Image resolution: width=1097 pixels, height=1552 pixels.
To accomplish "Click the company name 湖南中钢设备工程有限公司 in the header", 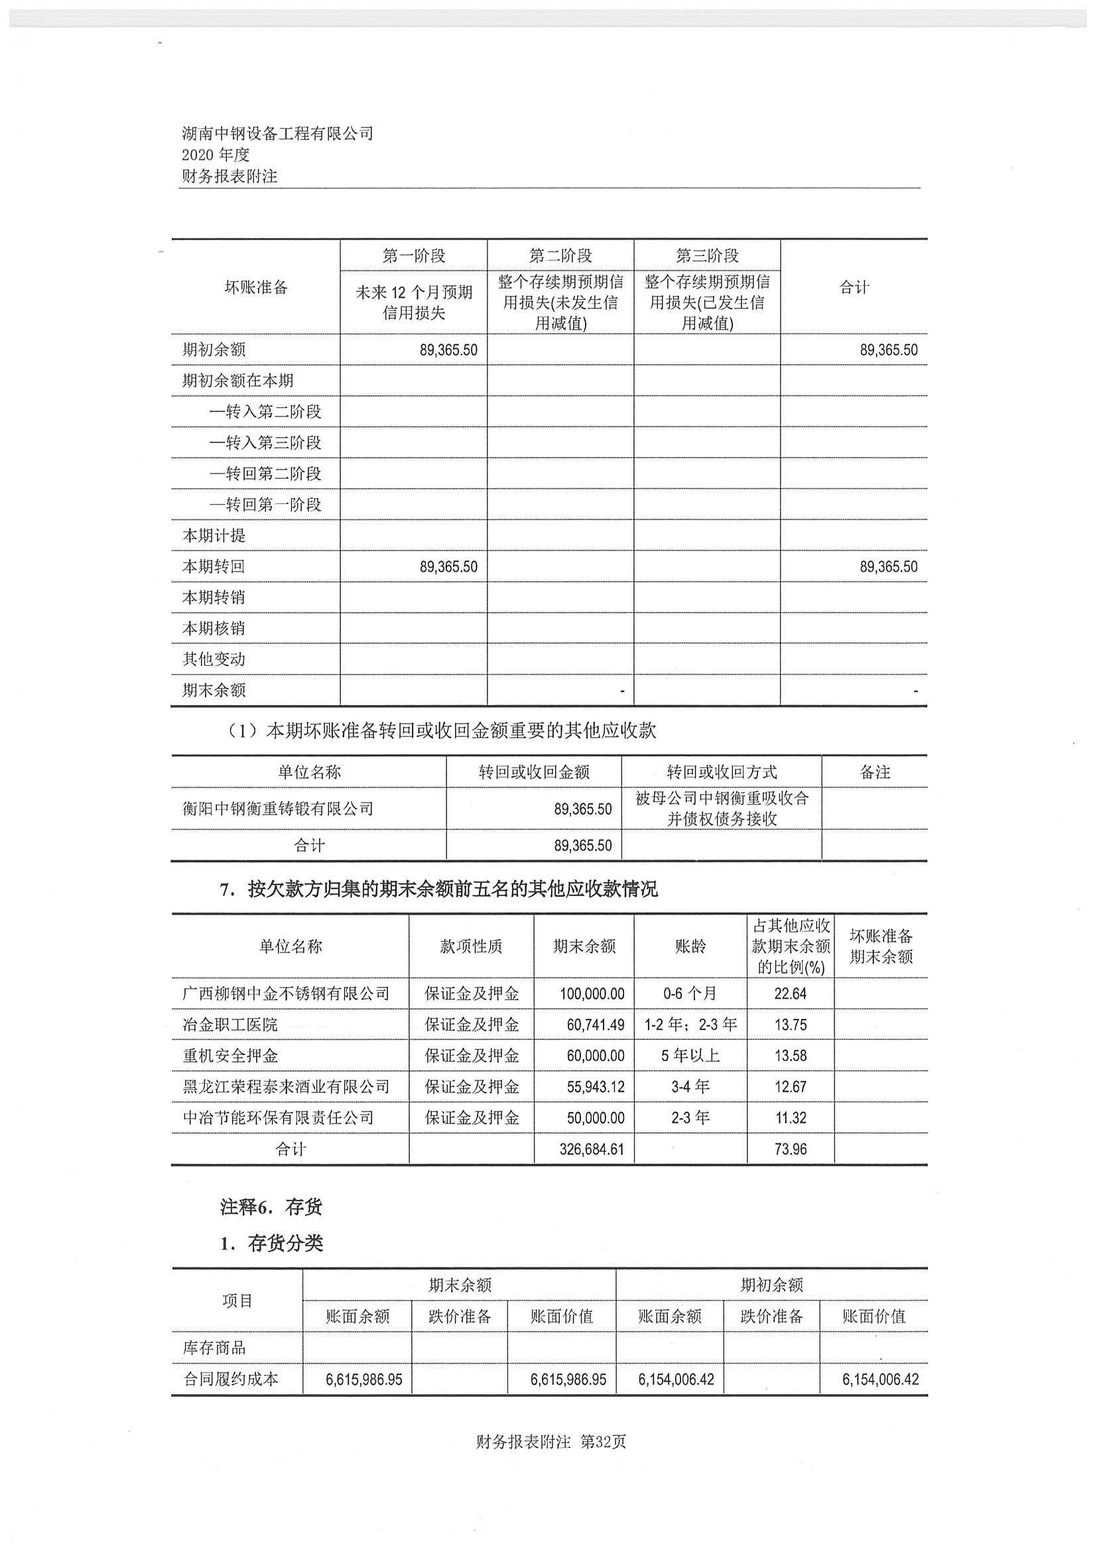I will (277, 133).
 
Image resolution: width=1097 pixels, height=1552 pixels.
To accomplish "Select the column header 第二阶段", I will (560, 255).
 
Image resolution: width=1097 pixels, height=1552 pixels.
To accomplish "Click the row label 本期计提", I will (214, 535).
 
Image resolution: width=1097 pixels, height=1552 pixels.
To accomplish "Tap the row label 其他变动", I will (214, 659).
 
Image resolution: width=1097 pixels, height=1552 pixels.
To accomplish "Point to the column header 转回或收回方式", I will (721, 772).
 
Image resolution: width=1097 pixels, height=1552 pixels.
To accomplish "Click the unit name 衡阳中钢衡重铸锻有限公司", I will (278, 808).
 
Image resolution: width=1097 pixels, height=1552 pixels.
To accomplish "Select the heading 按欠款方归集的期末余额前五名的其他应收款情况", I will (452, 889).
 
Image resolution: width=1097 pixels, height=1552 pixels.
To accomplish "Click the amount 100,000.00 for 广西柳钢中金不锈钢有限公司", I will (592, 994).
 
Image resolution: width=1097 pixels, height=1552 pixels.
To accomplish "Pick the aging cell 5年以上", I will (690, 1056).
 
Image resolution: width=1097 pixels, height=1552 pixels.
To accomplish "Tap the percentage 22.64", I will (790, 994).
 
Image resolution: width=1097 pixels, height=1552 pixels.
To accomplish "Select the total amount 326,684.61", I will (592, 1149).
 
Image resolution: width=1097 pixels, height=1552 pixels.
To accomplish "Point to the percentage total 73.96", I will (790, 1149).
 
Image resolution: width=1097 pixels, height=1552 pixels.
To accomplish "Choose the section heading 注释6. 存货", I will (271, 1207).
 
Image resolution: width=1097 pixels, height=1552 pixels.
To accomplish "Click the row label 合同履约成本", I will (231, 1380).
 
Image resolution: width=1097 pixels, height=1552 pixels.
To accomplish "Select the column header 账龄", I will (690, 946).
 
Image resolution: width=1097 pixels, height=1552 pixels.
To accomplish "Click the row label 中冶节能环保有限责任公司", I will (278, 1118).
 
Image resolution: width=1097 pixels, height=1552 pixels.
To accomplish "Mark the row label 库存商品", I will (214, 1348).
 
